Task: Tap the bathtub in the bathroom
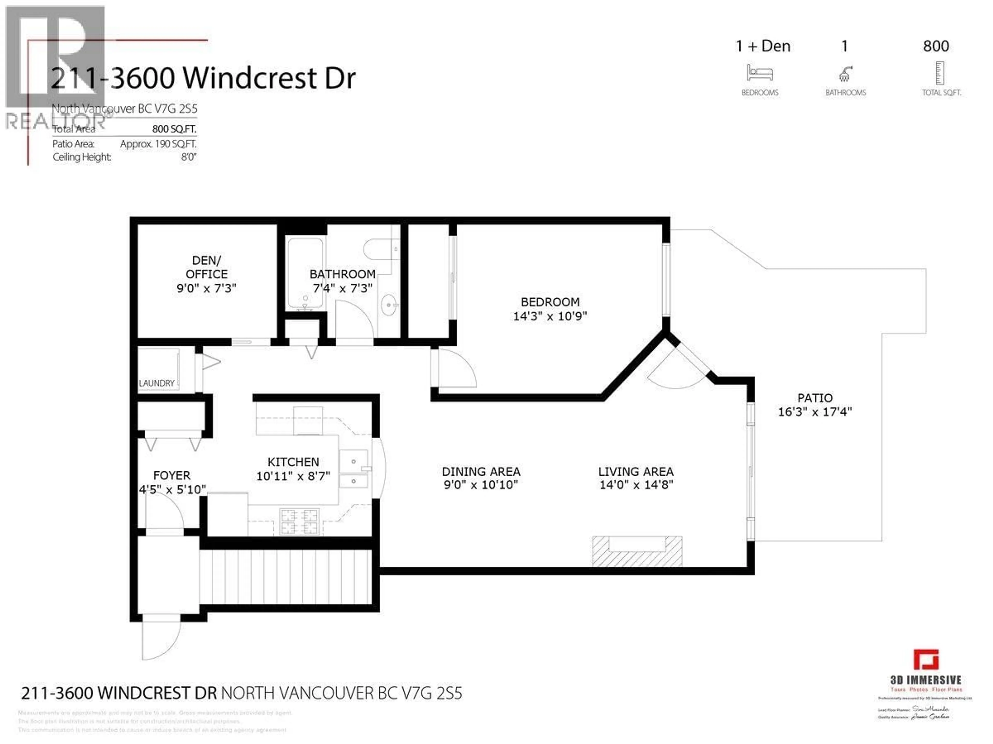[305, 274]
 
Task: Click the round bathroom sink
[389, 306]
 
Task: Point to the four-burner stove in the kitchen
[299, 521]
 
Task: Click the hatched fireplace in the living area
[637, 551]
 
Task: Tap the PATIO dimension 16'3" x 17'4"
[815, 412]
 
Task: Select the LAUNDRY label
[157, 383]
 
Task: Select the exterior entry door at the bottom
[161, 640]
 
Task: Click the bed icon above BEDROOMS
[759, 73]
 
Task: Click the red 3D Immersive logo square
[926, 660]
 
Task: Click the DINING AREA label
[481, 471]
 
